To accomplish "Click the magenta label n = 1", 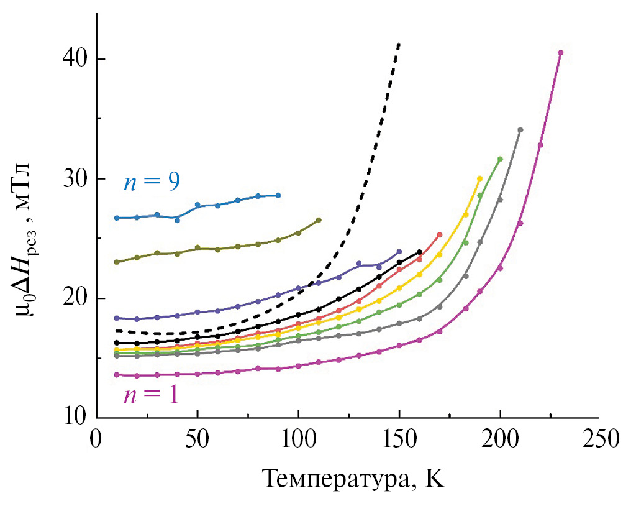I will pos(152,395).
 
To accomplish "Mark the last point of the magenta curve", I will pos(561,53).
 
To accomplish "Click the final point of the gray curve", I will pos(520,130).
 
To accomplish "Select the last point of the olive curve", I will pos(319,220).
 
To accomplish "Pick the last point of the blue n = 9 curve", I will pos(278,195).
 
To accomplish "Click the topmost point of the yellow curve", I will pos(479,178).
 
